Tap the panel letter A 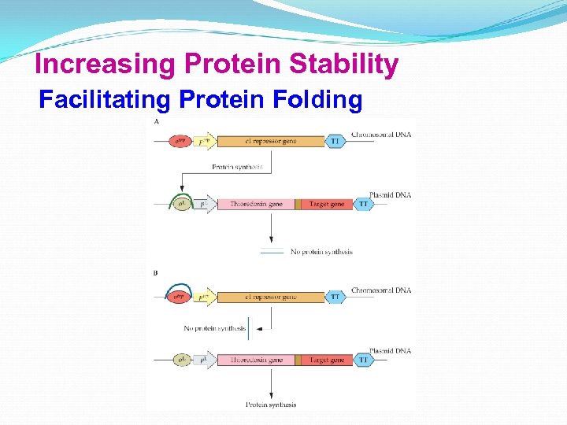click(x=156, y=122)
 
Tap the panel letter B click(x=156, y=273)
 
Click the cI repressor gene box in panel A click(x=270, y=142)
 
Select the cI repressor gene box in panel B click(x=270, y=297)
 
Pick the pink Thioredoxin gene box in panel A click(x=255, y=204)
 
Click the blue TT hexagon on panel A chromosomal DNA click(x=335, y=142)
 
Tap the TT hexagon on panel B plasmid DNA click(x=363, y=360)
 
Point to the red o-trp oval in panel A click(x=180, y=142)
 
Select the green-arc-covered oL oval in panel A click(x=183, y=204)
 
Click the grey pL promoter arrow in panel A click(x=206, y=204)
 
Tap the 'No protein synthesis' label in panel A click(x=321, y=252)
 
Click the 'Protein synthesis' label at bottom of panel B click(x=271, y=405)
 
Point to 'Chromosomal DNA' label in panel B click(x=381, y=290)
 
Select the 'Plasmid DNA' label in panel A click(x=390, y=194)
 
